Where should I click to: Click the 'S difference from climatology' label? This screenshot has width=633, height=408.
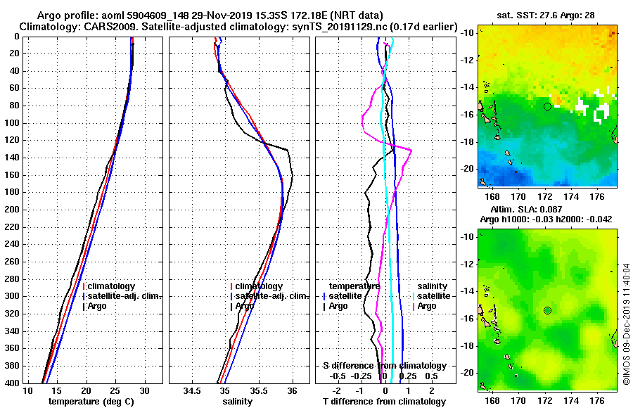click(x=384, y=366)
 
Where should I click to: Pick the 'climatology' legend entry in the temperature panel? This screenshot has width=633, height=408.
click(x=111, y=286)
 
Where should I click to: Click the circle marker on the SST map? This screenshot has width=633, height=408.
click(x=547, y=106)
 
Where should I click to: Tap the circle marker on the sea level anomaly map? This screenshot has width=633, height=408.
click(x=547, y=310)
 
